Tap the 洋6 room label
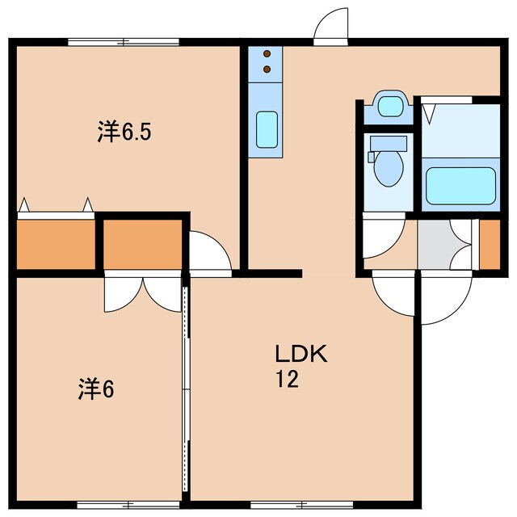[95, 390]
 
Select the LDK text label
[300, 354]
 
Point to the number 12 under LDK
[287, 380]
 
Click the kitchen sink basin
[267, 129]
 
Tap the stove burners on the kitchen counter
[267, 61]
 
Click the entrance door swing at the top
[330, 27]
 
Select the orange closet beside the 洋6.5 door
[142, 243]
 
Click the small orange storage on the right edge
[490, 243]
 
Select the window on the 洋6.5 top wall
[124, 41]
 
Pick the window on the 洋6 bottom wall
[118, 506]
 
